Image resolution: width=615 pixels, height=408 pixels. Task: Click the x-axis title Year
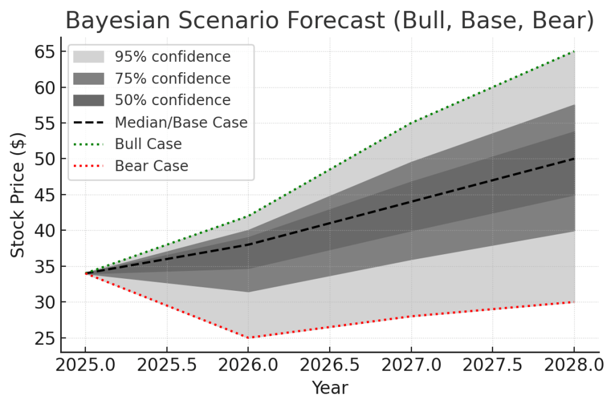330,388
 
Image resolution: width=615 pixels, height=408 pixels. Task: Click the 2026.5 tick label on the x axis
330,365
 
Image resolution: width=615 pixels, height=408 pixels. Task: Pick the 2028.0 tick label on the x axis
574,365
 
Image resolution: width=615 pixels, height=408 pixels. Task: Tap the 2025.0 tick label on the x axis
85,365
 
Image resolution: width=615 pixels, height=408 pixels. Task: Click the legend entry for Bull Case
148,144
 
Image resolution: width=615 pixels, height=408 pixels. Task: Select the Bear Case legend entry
151,166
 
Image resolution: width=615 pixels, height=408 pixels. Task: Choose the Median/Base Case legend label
181,123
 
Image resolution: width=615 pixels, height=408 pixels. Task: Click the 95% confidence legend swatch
88,57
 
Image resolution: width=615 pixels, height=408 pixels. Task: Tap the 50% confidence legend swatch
88,100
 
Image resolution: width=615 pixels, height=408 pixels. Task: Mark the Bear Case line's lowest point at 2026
248,338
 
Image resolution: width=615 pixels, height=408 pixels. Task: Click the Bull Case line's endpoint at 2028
574,52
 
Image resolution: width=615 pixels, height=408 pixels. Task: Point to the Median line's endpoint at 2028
574,159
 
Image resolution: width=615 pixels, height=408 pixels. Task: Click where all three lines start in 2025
86,273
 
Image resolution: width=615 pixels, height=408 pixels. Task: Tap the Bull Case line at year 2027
411,123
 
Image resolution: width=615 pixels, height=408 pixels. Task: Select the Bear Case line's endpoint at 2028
574,302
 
